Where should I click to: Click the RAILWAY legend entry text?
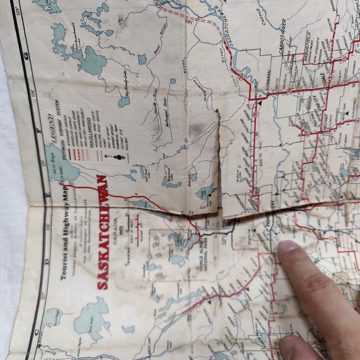tap(127, 144)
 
